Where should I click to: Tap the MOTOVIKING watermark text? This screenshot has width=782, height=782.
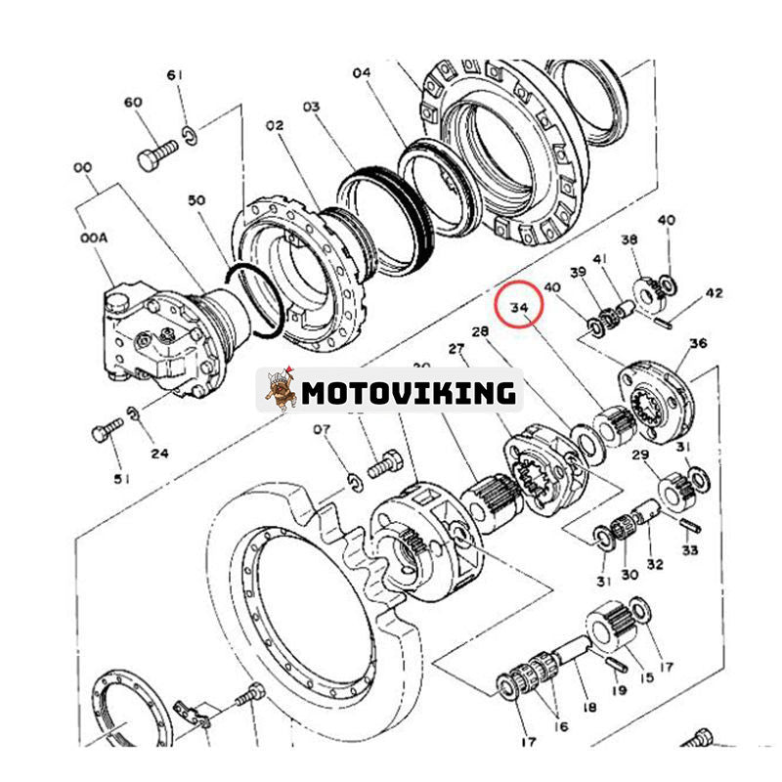[x=408, y=392]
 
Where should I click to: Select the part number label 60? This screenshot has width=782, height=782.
[x=133, y=103]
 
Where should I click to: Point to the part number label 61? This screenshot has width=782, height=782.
[x=176, y=75]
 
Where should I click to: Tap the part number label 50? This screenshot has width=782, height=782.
[x=196, y=199]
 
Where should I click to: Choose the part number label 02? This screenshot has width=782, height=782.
[x=274, y=125]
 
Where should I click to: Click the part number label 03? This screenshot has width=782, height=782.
[x=311, y=105]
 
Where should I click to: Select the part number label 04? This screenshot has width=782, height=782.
[x=362, y=72]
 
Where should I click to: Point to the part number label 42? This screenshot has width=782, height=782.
[x=715, y=291]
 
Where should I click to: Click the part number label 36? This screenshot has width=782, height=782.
[x=697, y=343]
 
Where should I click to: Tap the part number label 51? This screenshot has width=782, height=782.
[x=121, y=479]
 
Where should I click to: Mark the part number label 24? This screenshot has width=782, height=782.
[x=159, y=453]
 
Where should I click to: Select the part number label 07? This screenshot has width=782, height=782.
[x=322, y=428]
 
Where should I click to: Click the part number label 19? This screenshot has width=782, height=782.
[x=618, y=691]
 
